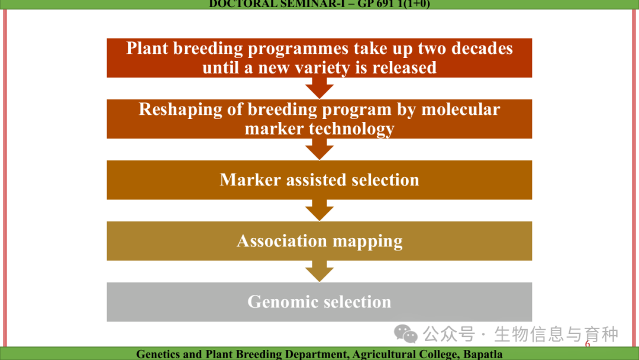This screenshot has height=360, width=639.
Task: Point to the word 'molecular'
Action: pyautogui.click(x=460, y=110)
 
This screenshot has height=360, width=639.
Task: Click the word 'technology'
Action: pyautogui.click(x=351, y=129)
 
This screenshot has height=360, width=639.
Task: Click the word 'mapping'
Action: pyautogui.click(x=367, y=242)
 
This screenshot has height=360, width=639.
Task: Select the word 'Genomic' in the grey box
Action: pyautogui.click(x=279, y=302)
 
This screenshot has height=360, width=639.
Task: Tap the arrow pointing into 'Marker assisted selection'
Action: pyautogui.click(x=319, y=149)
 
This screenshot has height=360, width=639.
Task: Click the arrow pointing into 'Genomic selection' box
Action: pyautogui.click(x=319, y=271)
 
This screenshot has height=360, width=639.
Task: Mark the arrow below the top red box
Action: pyautogui.click(x=319, y=88)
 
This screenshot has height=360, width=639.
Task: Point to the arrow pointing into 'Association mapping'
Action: pyautogui.click(x=319, y=210)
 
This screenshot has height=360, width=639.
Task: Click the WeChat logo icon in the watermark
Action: pyautogui.click(x=405, y=334)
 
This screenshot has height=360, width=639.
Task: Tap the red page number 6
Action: pyautogui.click(x=588, y=343)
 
